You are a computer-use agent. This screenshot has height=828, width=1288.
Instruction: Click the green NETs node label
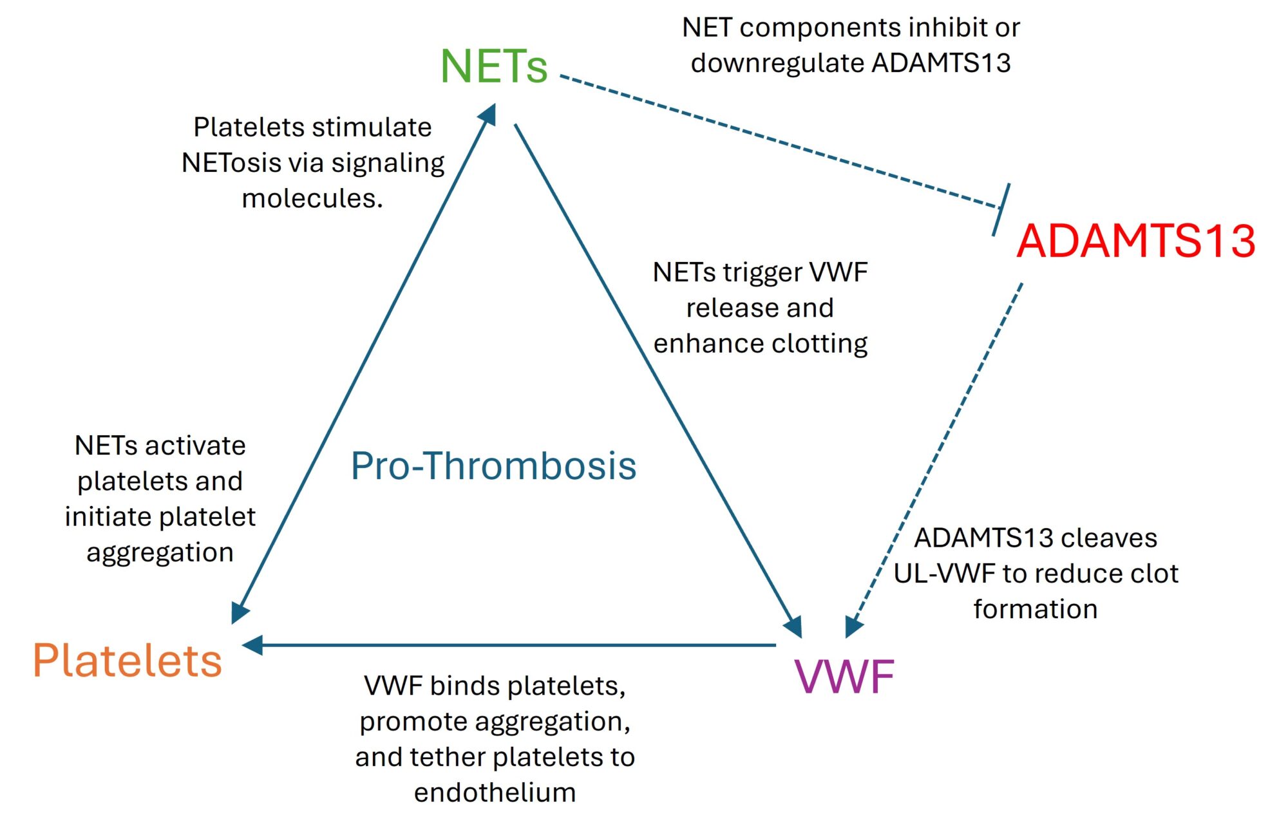[x=494, y=66]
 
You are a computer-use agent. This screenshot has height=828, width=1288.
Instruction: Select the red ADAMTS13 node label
[x=1136, y=241]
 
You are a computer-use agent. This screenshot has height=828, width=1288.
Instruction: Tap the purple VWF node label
[x=844, y=677]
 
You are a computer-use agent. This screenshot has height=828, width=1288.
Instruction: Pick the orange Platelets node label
[x=128, y=661]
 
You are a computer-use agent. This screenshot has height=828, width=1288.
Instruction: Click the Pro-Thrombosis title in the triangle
[x=494, y=466]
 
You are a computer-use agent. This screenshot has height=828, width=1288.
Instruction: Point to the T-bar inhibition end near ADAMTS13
[x=1001, y=209]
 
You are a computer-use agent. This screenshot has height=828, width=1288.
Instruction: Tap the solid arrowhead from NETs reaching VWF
[x=793, y=626]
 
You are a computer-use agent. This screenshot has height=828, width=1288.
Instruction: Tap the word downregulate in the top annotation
[x=777, y=63]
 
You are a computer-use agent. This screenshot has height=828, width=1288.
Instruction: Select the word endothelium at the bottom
[x=495, y=793]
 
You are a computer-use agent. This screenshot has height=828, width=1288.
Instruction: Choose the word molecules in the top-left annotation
[x=312, y=198]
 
